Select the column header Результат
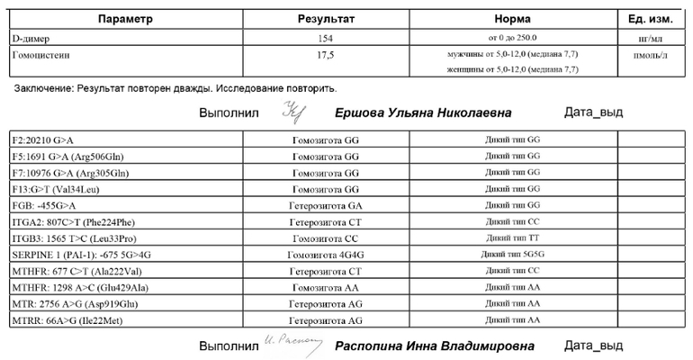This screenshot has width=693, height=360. pos(327,20)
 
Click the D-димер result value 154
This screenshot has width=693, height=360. pos(327,38)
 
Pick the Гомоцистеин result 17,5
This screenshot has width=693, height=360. pos(327,56)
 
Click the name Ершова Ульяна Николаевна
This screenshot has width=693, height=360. pos(423,113)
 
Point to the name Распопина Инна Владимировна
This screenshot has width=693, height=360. pos(434,346)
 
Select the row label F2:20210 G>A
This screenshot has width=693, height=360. pos(45,140)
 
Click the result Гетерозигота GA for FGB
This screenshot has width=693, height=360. pos(327,205)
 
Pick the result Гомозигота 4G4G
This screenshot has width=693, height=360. pos(327,255)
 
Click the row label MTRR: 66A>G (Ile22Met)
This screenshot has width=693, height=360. pos(68,319)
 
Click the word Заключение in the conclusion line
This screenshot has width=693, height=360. pos(43,89)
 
